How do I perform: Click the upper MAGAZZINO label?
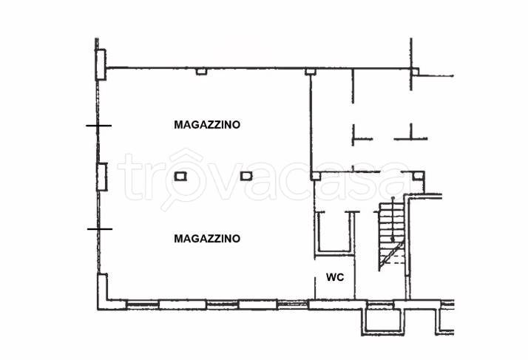[207, 125]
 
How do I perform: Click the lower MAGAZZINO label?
[207, 239]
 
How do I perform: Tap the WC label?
[335, 277]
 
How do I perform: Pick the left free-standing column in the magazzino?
[180, 176]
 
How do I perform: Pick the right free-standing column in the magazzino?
[246, 176]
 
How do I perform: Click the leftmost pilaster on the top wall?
[201, 71]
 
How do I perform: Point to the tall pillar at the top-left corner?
[101, 64]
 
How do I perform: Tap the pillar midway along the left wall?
[102, 177]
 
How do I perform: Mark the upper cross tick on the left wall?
[98, 126]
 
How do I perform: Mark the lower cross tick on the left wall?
[100, 229]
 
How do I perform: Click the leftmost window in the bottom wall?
[143, 305]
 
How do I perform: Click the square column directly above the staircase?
[418, 176]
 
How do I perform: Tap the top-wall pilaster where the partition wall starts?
[310, 72]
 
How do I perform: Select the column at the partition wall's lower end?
[316, 176]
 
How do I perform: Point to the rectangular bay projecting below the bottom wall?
[383, 322]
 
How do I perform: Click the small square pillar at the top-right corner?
[415, 72]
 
